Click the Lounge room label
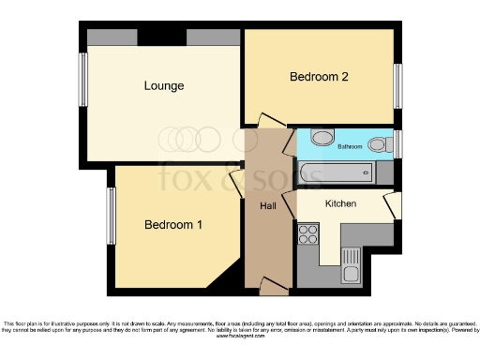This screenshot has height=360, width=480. (x=163, y=86)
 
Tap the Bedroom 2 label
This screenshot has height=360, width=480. (x=319, y=77)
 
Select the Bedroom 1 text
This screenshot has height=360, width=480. (x=173, y=225)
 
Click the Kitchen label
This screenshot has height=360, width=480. (x=340, y=203)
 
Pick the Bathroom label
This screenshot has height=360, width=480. (x=351, y=146)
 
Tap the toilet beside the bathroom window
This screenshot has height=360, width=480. (x=379, y=144)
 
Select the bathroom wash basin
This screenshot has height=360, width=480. (x=321, y=139)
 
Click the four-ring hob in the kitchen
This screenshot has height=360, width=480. (x=308, y=233)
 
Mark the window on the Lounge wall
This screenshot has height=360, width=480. (x=82, y=80)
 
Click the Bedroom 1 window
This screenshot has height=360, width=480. (x=111, y=216)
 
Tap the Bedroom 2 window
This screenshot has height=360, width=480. (x=397, y=84)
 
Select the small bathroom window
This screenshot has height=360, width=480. (x=397, y=144)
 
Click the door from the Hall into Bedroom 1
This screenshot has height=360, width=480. (x=237, y=182)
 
